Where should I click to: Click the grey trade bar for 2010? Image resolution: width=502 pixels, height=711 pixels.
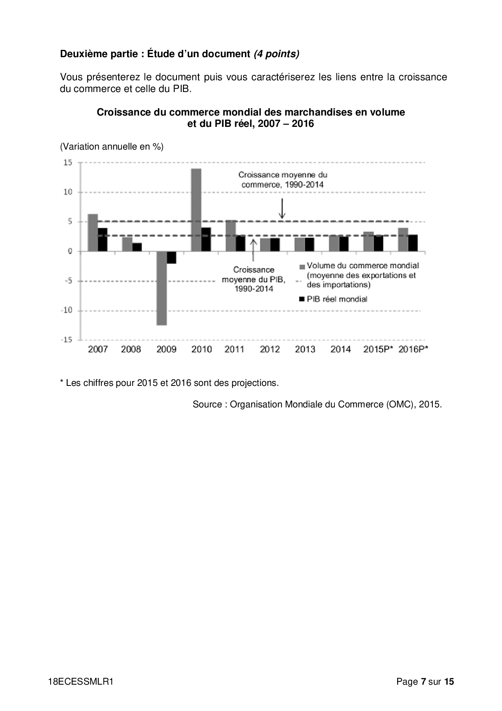point(196,210)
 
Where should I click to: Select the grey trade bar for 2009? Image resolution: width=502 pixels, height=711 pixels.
point(162,288)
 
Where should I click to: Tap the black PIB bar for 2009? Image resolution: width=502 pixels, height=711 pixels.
point(172,257)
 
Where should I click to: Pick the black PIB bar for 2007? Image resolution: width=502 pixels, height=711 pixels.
point(102,240)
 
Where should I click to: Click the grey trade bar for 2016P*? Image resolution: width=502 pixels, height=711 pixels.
point(403,240)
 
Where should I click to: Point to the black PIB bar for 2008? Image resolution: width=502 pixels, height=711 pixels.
point(137,247)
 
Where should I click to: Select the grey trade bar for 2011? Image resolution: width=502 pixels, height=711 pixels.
point(230,236)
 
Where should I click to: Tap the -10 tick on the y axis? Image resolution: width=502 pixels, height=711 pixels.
point(67,311)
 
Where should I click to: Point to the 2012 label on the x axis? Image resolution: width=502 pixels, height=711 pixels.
point(270,349)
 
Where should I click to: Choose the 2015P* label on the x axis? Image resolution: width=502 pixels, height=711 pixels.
point(378,349)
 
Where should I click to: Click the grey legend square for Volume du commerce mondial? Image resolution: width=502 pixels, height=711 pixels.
point(302,267)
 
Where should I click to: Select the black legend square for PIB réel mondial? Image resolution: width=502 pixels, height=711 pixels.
point(302,299)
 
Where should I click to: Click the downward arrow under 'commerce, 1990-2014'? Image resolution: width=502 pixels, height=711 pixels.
point(282,209)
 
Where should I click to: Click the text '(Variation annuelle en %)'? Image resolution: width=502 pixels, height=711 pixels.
point(112,147)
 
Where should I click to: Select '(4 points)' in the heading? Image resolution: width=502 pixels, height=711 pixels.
point(277,54)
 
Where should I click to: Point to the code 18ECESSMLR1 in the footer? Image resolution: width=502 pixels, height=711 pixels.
point(81,682)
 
